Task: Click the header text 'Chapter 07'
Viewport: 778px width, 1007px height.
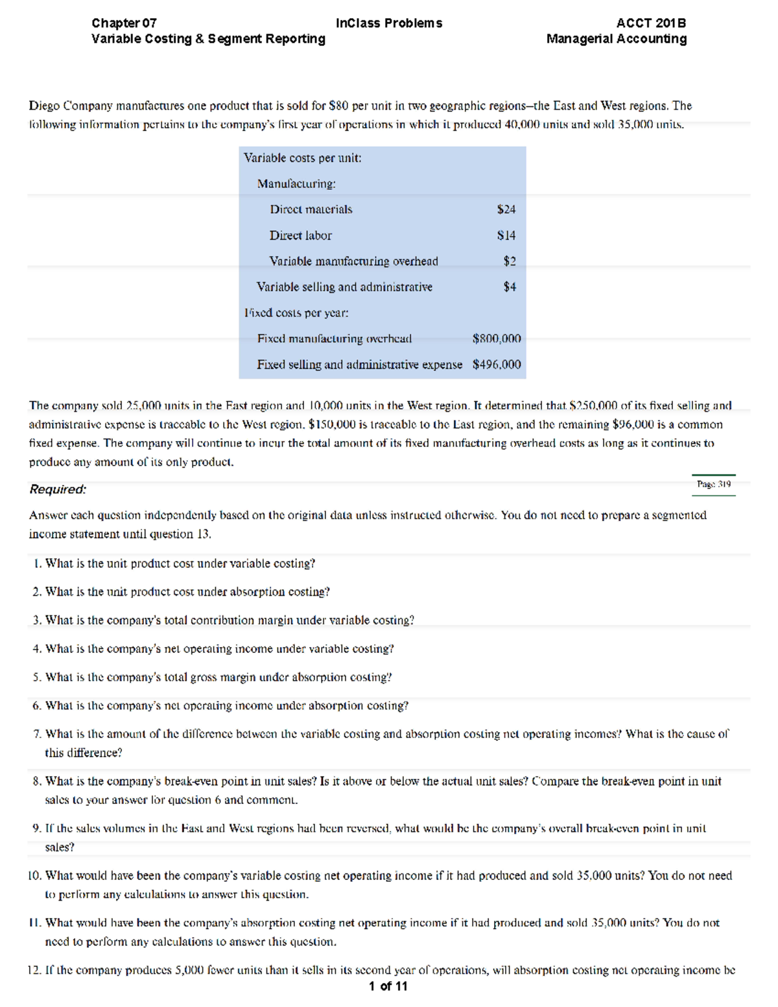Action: click(124, 23)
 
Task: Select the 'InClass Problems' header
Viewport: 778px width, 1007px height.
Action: click(389, 23)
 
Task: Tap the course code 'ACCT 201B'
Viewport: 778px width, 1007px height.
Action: click(651, 23)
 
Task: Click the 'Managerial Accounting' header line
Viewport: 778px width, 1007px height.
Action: click(616, 39)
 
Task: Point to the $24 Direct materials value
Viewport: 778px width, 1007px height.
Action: click(506, 209)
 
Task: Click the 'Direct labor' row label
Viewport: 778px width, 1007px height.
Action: click(300, 235)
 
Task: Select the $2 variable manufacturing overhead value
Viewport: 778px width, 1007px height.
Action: click(510, 261)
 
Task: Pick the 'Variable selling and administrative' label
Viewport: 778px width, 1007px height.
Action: click(344, 287)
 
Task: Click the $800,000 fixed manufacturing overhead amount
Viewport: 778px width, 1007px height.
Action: click(496, 338)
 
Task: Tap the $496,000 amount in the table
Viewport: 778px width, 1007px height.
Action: click(496, 364)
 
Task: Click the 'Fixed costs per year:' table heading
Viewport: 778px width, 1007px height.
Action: click(296, 313)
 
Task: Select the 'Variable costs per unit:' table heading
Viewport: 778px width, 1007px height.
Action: click(302, 158)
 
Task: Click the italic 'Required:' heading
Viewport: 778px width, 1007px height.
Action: click(58, 490)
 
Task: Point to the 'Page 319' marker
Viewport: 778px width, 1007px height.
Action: click(713, 484)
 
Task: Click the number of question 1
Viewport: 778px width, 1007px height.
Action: click(37, 564)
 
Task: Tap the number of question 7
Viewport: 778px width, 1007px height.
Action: click(37, 734)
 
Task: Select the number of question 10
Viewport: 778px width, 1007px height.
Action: click(34, 876)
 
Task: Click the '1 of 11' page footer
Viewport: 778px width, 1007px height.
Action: click(388, 986)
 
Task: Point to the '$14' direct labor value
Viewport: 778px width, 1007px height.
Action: click(506, 235)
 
